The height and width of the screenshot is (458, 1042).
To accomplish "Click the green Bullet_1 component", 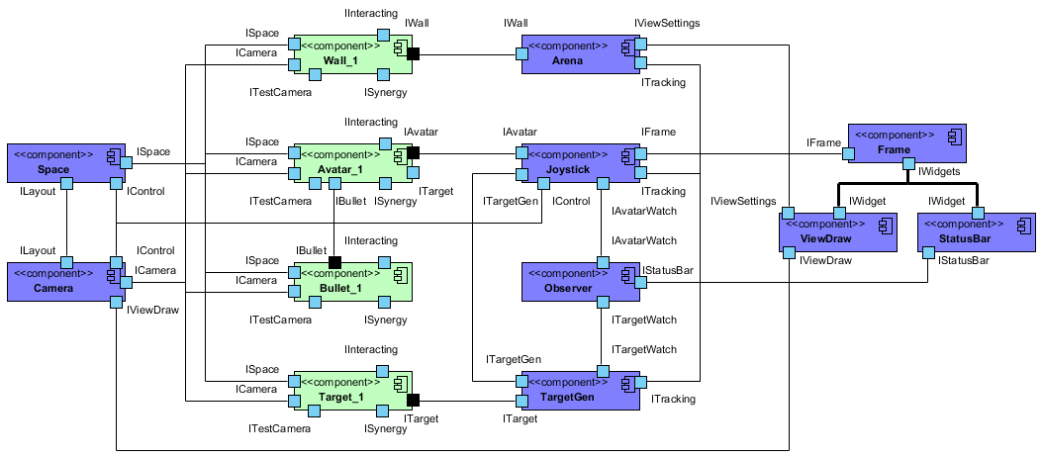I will click(x=351, y=281).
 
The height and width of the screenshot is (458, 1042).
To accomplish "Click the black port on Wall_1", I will click(x=414, y=53).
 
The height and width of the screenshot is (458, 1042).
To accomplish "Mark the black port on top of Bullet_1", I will click(x=334, y=261).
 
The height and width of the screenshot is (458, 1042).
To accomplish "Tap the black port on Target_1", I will click(x=414, y=400).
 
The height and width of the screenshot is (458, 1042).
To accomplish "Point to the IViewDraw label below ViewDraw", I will click(x=824, y=261).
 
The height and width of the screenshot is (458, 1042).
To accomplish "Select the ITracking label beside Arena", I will click(x=663, y=83).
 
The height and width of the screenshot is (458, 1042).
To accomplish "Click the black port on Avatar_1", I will click(x=414, y=152).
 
